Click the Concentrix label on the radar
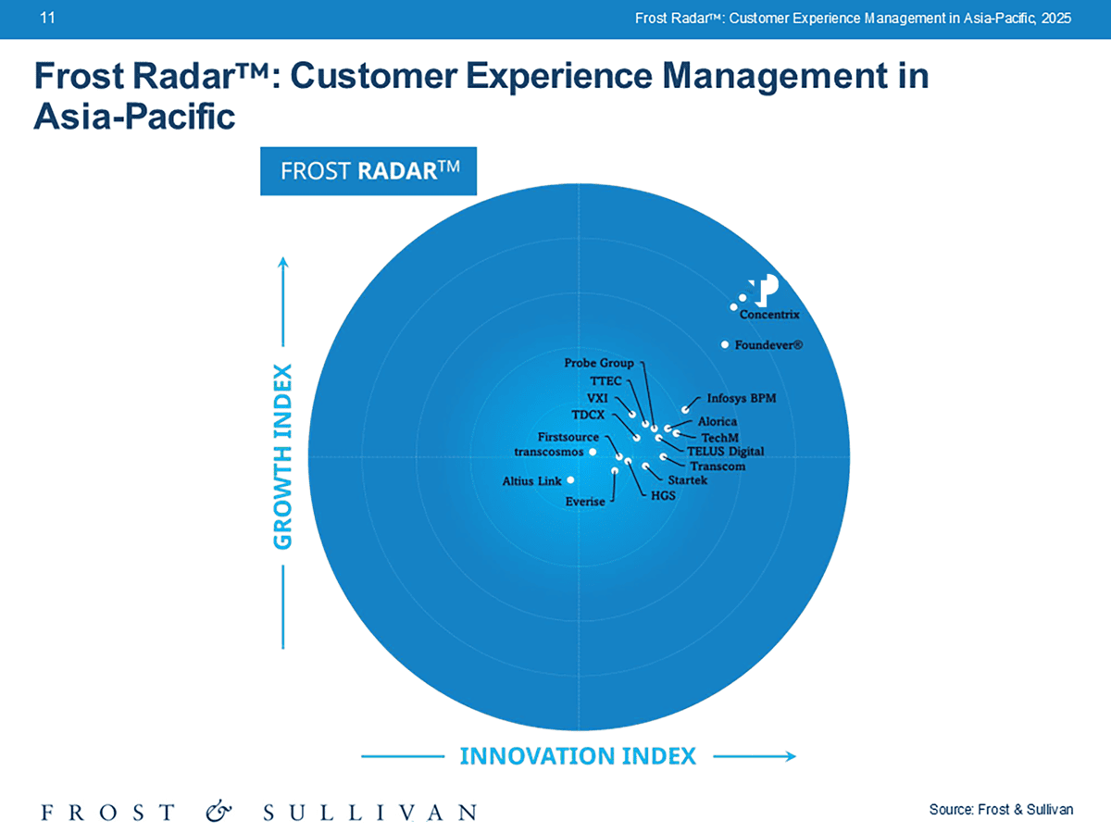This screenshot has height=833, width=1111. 769,315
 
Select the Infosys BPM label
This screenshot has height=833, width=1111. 742,399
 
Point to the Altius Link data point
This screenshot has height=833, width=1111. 571,479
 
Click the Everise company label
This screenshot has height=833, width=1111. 585,502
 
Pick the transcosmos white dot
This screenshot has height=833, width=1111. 593,453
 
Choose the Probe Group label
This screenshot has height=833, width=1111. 599,363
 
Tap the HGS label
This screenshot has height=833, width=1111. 664,496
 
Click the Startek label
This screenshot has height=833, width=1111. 689,480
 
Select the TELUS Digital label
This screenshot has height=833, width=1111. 725,452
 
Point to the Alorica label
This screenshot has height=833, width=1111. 717,422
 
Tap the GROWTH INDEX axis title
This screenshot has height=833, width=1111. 283,457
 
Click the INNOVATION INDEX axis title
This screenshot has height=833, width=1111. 578,756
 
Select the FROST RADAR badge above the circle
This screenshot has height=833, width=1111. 368,171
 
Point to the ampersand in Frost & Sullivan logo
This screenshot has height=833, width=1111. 219,812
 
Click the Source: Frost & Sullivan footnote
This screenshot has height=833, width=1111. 1001,810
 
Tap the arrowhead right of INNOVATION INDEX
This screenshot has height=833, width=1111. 791,756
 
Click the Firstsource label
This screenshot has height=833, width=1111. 569,436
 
